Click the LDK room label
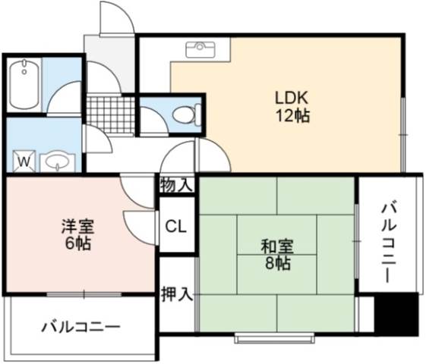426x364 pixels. point(292,98)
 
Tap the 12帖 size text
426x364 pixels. point(293,116)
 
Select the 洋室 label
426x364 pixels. point(78,227)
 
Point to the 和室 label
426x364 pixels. point(277,246)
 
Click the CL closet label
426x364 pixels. point(176,227)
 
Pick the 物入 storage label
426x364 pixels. point(177,185)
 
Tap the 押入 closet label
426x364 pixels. point(177,294)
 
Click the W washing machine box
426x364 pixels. point(24,161)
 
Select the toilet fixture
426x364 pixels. point(187,115)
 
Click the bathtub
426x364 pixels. point(24,84)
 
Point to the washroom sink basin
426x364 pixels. point(58,162)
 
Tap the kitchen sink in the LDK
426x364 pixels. point(200,49)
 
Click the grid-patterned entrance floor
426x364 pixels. point(111,115)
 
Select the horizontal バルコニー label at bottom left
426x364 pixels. point(80,327)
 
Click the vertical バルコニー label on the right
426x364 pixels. point(389,243)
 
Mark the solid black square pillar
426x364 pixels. point(396,314)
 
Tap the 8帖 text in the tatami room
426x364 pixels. point(277,263)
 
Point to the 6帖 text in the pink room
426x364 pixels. point(77,243)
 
